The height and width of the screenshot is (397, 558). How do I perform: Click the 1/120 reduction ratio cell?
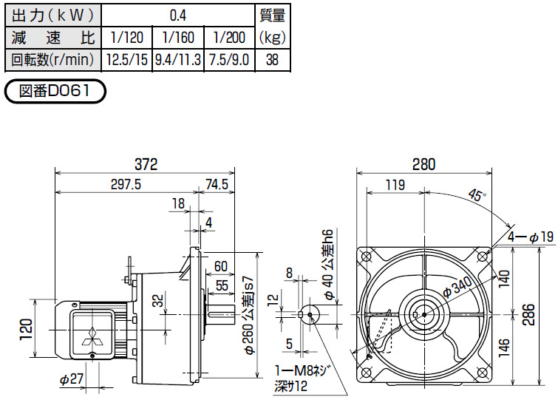click(x=126, y=38)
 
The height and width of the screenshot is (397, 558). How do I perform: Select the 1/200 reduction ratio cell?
click(x=230, y=38)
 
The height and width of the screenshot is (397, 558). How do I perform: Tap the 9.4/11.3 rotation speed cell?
click(x=178, y=60)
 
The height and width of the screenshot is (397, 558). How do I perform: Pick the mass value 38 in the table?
click(x=272, y=60)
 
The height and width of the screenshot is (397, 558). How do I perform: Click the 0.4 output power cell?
click(x=178, y=16)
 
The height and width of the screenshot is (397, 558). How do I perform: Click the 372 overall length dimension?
click(x=146, y=164)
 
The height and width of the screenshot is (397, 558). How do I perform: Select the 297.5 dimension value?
click(x=126, y=184)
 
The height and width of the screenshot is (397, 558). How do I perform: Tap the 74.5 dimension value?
click(x=217, y=184)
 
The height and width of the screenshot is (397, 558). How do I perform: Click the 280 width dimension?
click(x=423, y=164)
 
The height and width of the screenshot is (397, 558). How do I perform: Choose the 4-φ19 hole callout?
click(x=531, y=237)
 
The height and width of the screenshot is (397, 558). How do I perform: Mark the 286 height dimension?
click(x=529, y=314)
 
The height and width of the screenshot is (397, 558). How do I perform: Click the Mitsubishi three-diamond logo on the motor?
click(x=92, y=336)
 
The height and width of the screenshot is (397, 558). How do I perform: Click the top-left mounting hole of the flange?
click(x=366, y=257)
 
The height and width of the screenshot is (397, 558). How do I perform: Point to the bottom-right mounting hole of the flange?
click(x=482, y=373)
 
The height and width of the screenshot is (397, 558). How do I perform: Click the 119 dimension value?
click(x=395, y=185)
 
